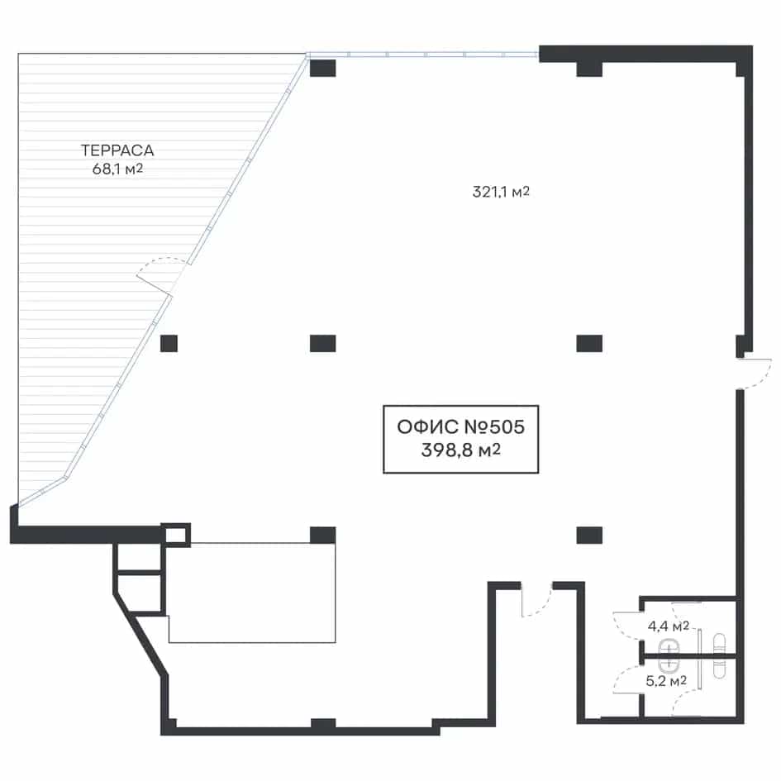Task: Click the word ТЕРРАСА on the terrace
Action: (x=117, y=150)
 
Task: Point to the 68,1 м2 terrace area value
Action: (x=117, y=169)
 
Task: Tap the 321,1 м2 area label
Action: (x=501, y=192)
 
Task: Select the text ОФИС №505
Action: (x=460, y=426)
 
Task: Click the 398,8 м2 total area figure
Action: (x=460, y=450)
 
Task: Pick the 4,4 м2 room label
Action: (x=668, y=626)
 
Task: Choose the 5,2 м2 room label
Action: (x=666, y=680)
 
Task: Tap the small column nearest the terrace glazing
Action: (x=169, y=344)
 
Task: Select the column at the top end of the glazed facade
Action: (x=323, y=69)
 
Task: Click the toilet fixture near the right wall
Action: (x=719, y=656)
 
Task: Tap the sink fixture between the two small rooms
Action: (x=669, y=656)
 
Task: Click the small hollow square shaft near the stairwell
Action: (x=175, y=535)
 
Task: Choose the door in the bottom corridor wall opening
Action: (x=536, y=600)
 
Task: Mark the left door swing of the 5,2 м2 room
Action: (x=627, y=679)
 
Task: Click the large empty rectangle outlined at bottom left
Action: (x=251, y=593)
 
